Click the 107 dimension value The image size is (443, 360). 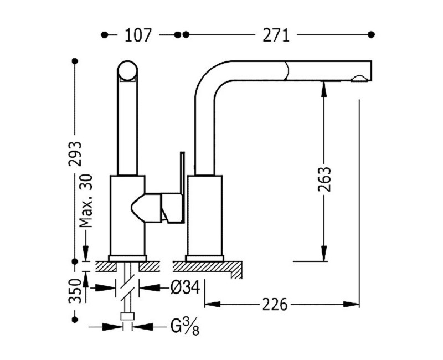pos(138,35)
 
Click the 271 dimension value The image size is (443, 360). pos(276,35)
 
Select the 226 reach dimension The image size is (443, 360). pos(275,304)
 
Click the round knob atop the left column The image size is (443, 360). pos(128,73)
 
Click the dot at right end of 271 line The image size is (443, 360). pos(372,35)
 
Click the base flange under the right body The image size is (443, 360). pos(205,258)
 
